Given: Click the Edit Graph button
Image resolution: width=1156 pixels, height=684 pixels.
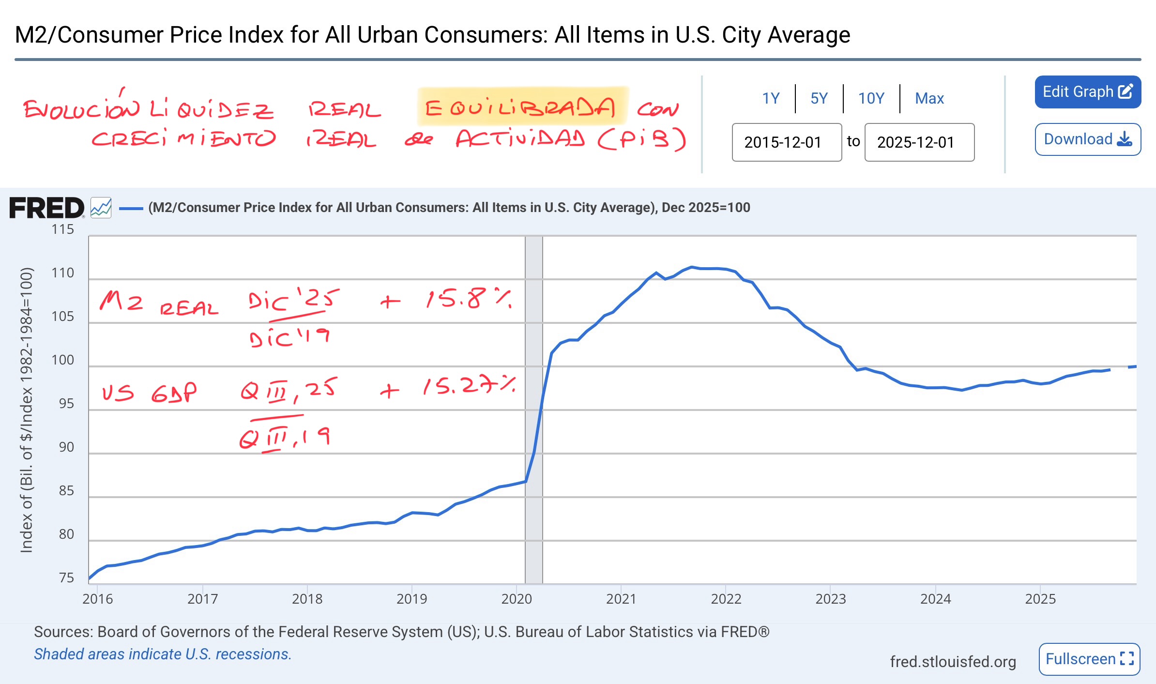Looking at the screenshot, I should click(1087, 92).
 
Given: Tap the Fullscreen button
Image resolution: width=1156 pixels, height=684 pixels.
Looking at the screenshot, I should click(1089, 659).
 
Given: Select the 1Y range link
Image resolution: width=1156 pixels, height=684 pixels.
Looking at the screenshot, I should click(771, 98).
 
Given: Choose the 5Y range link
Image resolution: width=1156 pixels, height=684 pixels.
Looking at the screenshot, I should click(819, 98).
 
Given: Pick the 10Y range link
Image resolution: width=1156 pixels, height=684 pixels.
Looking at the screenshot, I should click(871, 98).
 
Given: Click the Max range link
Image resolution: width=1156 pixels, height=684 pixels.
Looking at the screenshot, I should click(929, 98).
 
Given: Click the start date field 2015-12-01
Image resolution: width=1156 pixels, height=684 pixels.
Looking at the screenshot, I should click(787, 142).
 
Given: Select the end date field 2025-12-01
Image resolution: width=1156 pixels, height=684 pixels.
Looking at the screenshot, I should click(919, 142).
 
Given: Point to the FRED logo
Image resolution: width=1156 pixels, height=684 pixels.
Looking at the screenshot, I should click(47, 208).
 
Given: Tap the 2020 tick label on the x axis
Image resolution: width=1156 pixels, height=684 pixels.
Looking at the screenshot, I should click(517, 599).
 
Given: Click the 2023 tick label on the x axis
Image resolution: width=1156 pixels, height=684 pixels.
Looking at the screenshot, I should click(831, 599).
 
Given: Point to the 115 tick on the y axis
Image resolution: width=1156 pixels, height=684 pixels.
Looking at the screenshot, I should click(63, 229).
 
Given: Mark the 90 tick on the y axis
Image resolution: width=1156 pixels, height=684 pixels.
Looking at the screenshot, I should click(66, 447).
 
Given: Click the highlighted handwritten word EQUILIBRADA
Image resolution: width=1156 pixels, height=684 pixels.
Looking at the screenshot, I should click(520, 107).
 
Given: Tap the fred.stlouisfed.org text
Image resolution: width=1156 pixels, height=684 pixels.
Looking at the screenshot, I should click(953, 661).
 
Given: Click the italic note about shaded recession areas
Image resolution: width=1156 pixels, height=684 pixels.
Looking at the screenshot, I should click(163, 654).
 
